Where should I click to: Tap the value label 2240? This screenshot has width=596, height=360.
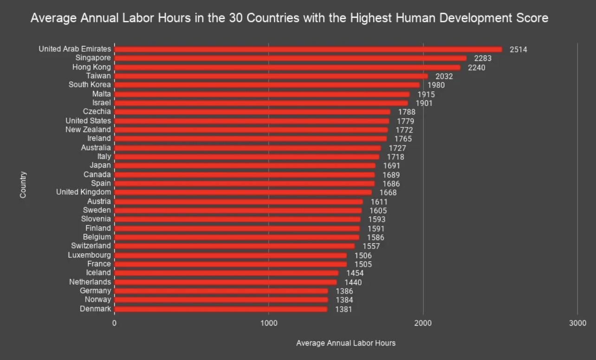pyautogui.click(x=477, y=67)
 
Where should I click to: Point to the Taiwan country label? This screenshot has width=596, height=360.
pyautogui.click(x=98, y=76)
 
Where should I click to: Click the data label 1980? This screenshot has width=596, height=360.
pyautogui.click(x=436, y=85)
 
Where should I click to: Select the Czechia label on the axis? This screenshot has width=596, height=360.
pyautogui.click(x=97, y=111)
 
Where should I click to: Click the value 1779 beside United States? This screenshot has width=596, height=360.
pyautogui.click(x=405, y=121)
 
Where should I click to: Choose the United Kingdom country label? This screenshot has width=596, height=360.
pyautogui.click(x=84, y=192)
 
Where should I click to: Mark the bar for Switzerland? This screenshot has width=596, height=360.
pyautogui.click(x=234, y=246)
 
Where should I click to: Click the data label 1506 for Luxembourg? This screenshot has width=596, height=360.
pyautogui.click(x=363, y=255)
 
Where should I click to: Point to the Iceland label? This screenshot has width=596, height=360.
pyautogui.click(x=98, y=273)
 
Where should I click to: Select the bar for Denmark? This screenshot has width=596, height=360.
pyautogui.click(x=220, y=309)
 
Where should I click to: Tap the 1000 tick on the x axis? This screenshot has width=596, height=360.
pyautogui.click(x=269, y=323)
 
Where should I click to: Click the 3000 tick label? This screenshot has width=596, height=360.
pyautogui.click(x=577, y=323)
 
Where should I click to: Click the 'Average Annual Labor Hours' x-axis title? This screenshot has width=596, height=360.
pyautogui.click(x=346, y=343)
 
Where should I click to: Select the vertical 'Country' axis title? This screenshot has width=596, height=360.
pyautogui.click(x=23, y=185)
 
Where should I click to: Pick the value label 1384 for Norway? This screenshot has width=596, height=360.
pyautogui.click(x=344, y=300)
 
